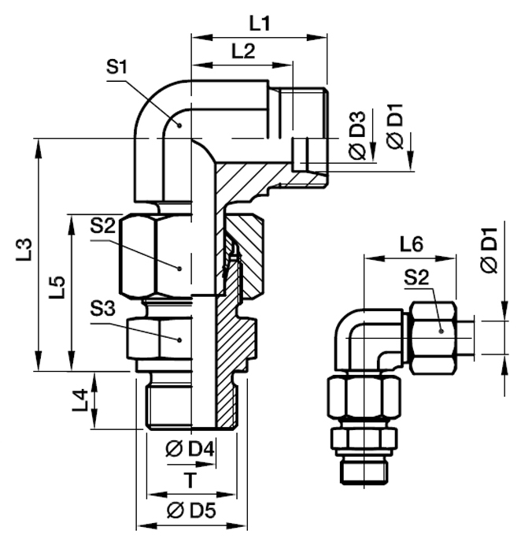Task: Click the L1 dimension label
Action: pyautogui.click(x=260, y=24)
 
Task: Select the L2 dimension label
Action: pyautogui.click(x=243, y=51)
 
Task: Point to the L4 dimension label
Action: pyautogui.click(x=79, y=402)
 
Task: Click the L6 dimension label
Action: pyautogui.click(x=411, y=244)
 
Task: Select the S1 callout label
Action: pyautogui.click(x=116, y=67)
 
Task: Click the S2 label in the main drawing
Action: pyautogui.click(x=102, y=226)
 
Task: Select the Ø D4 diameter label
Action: pyautogui.click(x=191, y=450)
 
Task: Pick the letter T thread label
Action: pyautogui.click(x=189, y=479)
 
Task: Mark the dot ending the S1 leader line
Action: pyautogui.click(x=180, y=125)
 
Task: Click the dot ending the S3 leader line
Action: pyautogui.click(x=180, y=339)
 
